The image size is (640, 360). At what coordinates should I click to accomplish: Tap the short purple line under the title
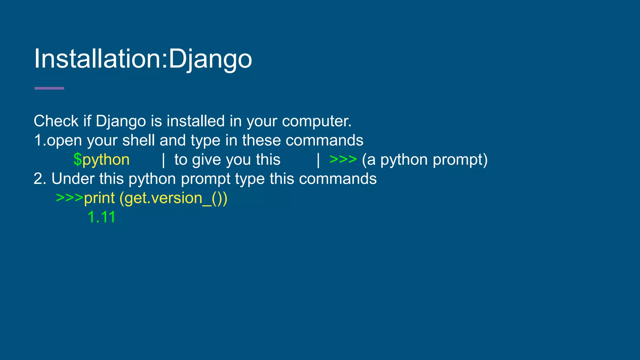coord(49,88)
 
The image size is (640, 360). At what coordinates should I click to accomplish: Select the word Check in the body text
coord(56,121)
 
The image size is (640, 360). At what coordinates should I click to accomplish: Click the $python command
coord(102,160)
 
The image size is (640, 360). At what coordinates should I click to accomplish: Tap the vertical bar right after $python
coord(163,160)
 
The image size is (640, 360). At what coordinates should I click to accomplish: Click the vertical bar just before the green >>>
coord(318,160)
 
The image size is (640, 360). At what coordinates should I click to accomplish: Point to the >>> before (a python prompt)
coord(343,159)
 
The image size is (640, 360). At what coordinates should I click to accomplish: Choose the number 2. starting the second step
coord(40,179)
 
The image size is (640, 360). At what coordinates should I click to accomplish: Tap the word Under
coord(73,179)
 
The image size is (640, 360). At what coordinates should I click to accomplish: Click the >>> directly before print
coord(69,198)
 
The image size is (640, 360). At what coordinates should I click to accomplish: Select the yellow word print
coord(99,198)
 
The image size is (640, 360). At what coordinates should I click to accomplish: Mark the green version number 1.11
coord(102,217)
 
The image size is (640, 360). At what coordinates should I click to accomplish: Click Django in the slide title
coord(210,59)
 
